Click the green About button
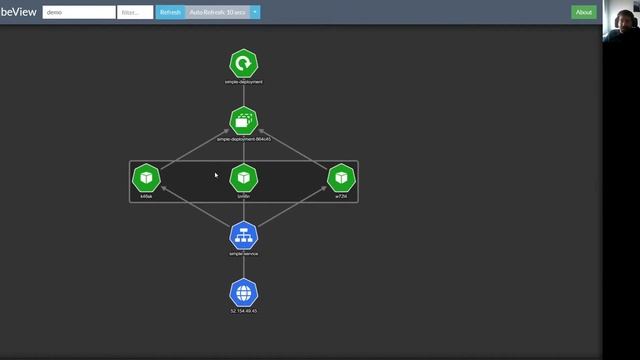pos(584,12)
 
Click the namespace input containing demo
pos(79,12)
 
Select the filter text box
pos(135,12)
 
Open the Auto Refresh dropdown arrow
pos(255,12)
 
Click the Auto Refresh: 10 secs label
pos(217,12)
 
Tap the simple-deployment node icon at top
pos(244,64)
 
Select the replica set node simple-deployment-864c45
pos(244,121)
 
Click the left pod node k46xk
pos(146,178)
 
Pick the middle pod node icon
pos(244,178)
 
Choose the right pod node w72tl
pos(342,178)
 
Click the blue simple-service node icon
pos(244,236)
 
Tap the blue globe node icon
pos(244,293)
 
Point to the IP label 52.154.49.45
pos(244,311)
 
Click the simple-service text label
pos(244,254)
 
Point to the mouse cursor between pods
pos(215,175)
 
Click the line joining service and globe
pos(244,265)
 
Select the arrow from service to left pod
pos(195,207)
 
